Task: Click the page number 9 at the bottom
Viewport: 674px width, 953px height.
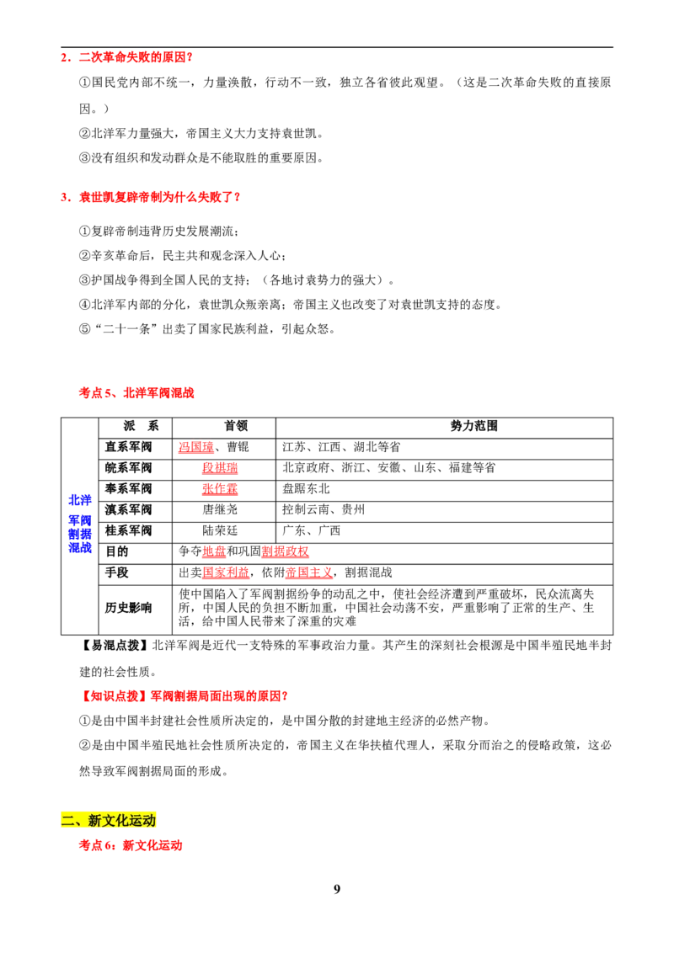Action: click(337, 889)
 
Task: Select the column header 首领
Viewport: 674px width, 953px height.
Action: click(236, 426)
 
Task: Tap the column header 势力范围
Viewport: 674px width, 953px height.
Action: click(473, 426)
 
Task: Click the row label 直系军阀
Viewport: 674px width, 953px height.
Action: click(128, 447)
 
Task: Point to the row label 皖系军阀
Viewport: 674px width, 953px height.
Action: click(128, 468)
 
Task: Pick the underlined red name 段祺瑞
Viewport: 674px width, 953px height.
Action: click(220, 468)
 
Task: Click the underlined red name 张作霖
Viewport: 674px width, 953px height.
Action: click(220, 488)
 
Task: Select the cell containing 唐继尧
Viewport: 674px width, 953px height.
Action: click(220, 510)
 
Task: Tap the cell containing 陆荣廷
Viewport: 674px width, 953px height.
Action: click(220, 530)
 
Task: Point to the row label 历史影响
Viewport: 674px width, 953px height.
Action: click(128, 608)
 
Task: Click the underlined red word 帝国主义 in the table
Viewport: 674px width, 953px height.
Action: click(309, 572)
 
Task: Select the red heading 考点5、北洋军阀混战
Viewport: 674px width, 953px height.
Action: click(136, 393)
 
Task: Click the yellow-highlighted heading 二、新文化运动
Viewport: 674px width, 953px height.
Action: click(109, 821)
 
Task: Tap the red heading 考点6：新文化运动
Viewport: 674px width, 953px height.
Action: click(131, 845)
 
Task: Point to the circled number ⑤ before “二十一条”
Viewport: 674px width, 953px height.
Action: click(84, 329)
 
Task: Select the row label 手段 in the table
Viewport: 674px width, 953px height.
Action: click(117, 572)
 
